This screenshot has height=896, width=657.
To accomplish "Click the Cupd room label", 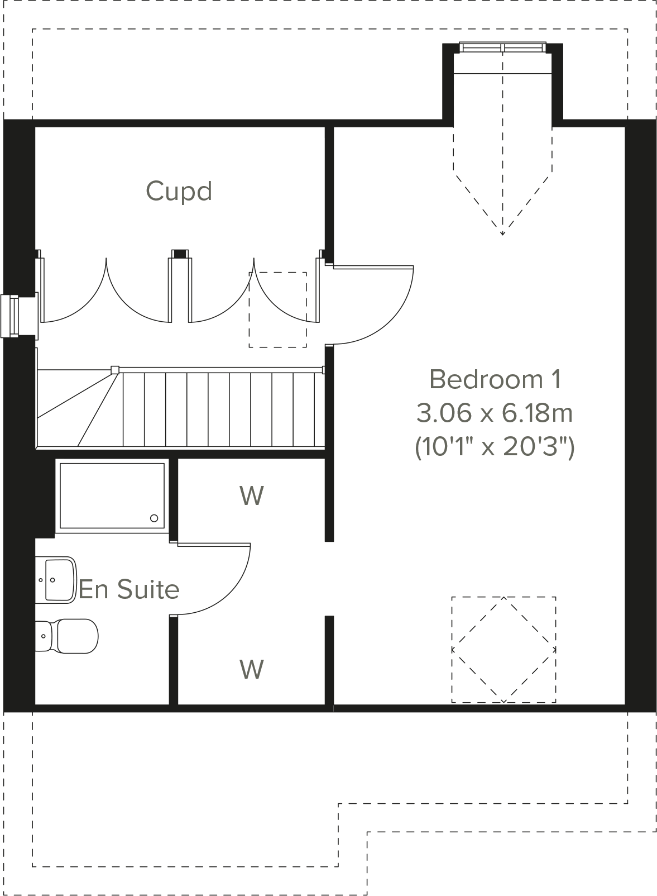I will (x=179, y=191).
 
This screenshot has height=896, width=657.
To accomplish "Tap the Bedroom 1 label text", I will (x=495, y=380).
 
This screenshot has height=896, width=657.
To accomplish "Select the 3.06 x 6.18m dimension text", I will (x=495, y=414).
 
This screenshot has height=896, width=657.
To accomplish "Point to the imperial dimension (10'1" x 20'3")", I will (x=495, y=447).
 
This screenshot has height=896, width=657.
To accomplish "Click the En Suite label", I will (x=129, y=590).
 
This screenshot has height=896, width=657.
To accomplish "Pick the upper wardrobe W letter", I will (x=252, y=495).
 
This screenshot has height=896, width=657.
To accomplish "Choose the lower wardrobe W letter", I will (x=252, y=669).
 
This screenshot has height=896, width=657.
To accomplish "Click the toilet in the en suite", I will (x=70, y=636).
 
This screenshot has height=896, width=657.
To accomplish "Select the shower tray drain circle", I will (x=154, y=518).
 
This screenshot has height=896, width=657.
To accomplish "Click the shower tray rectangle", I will (x=112, y=495).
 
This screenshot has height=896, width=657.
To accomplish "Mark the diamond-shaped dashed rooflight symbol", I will (x=503, y=650).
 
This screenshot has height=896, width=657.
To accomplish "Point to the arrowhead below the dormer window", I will (x=502, y=232).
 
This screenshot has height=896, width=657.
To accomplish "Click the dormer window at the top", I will (x=502, y=47).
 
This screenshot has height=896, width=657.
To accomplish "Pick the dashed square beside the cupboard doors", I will (x=277, y=309).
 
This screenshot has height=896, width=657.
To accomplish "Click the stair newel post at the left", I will (x=115, y=369).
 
